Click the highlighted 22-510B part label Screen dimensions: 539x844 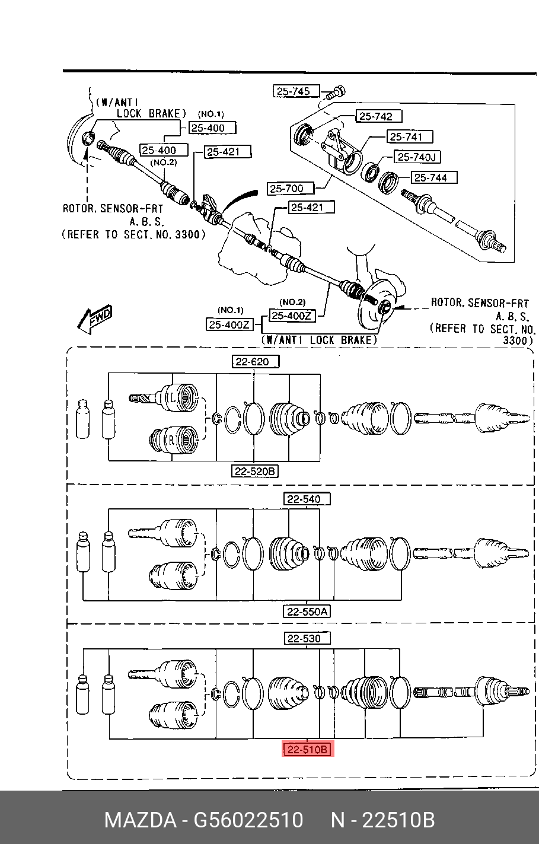(308, 750)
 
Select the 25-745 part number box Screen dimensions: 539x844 (296, 91)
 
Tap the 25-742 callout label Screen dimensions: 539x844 (378, 116)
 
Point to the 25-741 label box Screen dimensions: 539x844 (409, 137)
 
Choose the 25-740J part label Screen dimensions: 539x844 (417, 157)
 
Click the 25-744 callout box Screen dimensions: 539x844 (434, 177)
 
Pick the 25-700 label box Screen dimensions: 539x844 (290, 189)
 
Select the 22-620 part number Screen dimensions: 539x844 (256, 362)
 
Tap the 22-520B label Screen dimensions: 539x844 (254, 471)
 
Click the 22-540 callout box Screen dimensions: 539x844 (307, 499)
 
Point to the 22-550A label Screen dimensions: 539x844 (307, 611)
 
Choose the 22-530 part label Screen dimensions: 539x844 (307, 639)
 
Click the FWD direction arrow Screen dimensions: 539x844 (95, 319)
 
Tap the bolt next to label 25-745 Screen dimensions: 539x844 (336, 93)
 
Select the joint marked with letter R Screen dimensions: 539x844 (174, 439)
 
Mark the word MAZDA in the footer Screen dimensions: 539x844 (140, 820)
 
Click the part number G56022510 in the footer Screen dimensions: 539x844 (248, 820)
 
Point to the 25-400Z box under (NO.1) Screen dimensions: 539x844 (229, 324)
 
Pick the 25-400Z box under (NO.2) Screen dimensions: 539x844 (292, 316)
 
